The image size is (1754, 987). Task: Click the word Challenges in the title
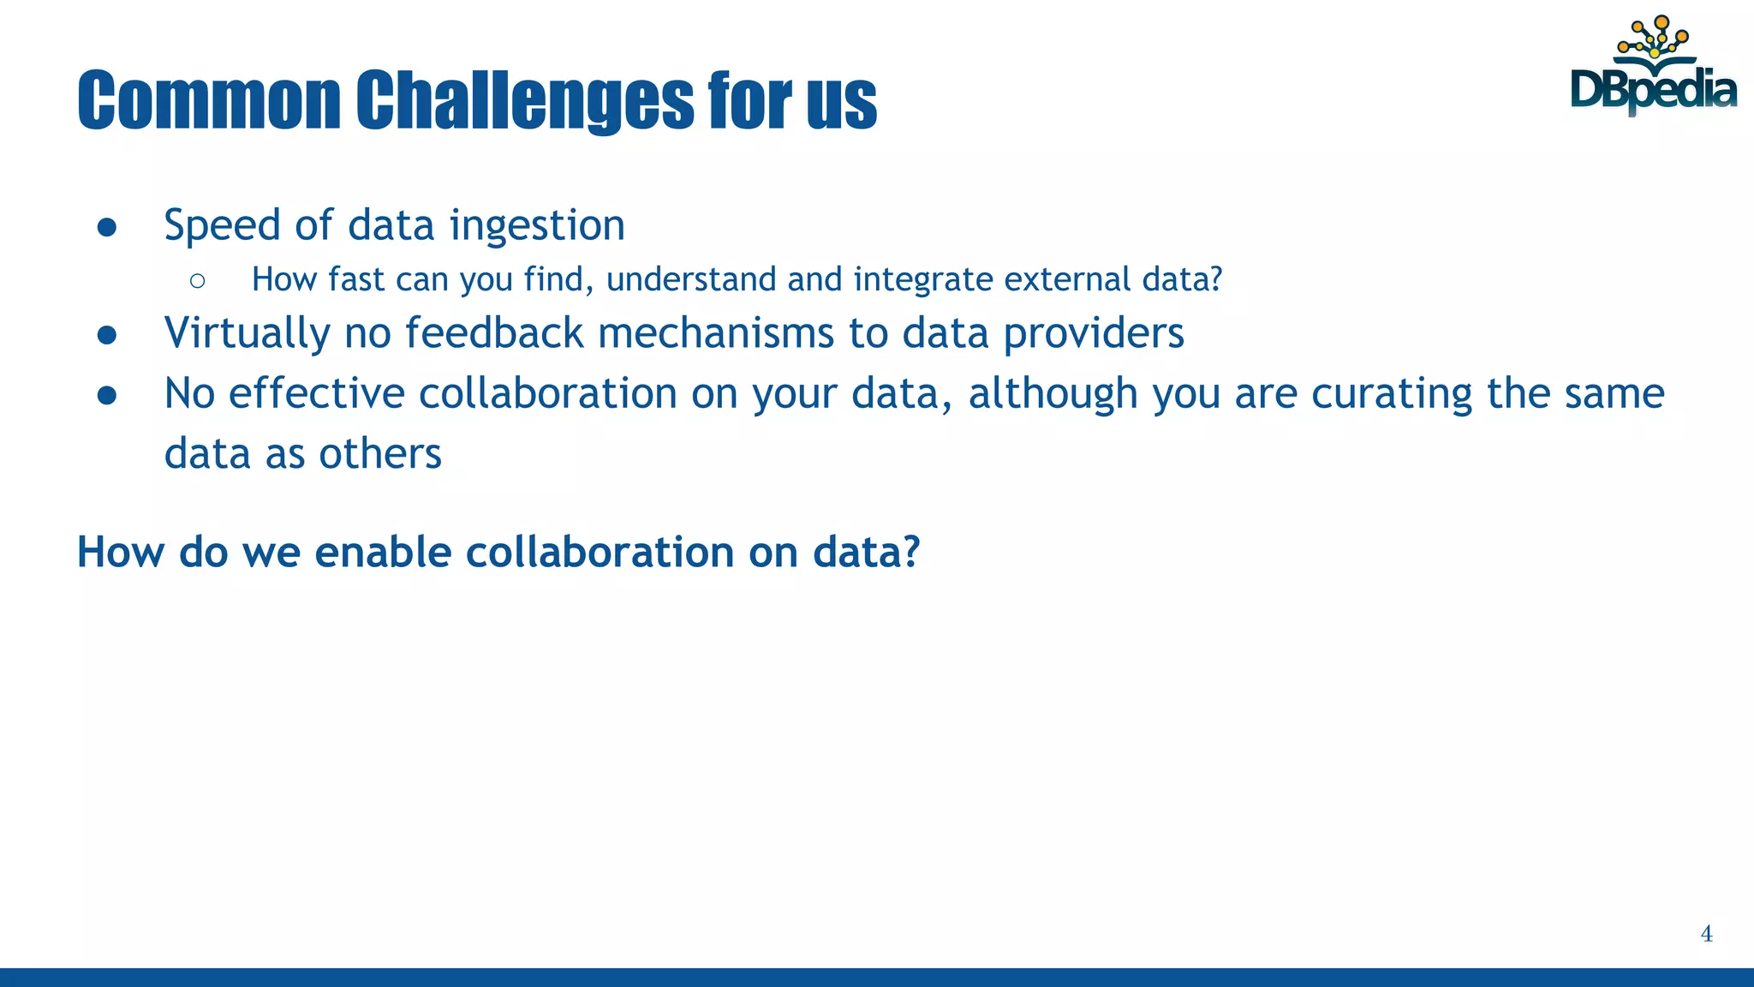(x=525, y=100)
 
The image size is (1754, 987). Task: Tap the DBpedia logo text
(x=1653, y=90)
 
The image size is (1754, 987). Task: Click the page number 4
(x=1706, y=934)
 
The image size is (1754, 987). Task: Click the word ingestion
(x=537, y=225)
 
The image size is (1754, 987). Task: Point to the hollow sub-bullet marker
(x=198, y=280)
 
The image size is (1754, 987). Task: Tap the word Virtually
(x=247, y=333)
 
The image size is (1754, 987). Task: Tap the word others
(x=380, y=453)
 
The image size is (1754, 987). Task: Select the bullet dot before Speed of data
(x=107, y=226)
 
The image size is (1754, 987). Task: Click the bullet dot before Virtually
(x=107, y=334)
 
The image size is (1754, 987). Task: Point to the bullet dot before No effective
(x=107, y=395)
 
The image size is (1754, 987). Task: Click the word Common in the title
(x=209, y=100)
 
